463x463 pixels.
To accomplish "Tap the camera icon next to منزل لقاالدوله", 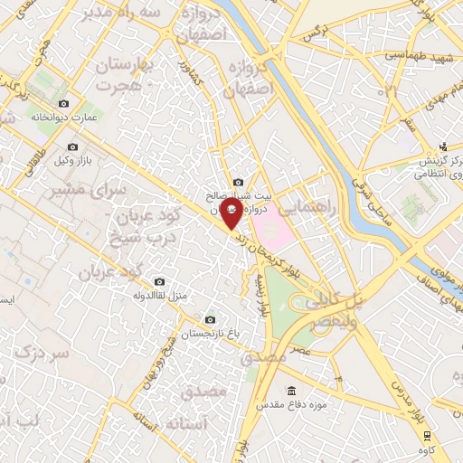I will pos(160,280).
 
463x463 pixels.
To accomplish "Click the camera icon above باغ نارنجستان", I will pos(210,319).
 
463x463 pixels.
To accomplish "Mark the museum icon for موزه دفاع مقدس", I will pos(290,390).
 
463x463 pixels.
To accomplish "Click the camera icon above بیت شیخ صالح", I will pos(238,182).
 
